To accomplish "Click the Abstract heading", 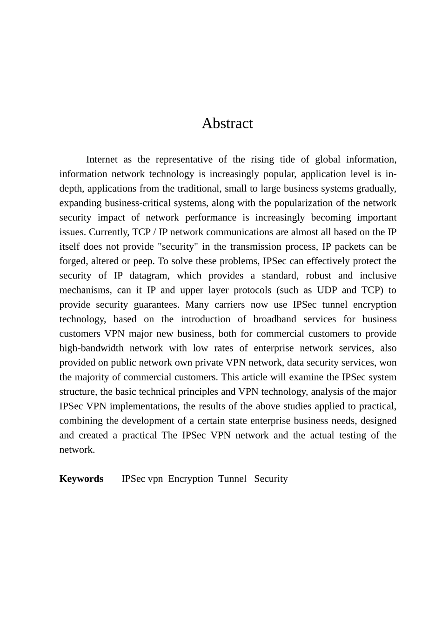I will click(227, 123).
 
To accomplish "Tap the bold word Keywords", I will click(81, 478).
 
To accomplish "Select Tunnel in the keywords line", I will click(232, 478).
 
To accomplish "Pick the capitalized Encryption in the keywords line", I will click(190, 478).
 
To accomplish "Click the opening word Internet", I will click(101, 159).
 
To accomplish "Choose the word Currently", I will click(109, 232).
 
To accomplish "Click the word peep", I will click(143, 261).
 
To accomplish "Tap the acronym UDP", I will click(327, 290).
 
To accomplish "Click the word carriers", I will click(229, 305).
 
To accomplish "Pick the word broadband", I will click(275, 319).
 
